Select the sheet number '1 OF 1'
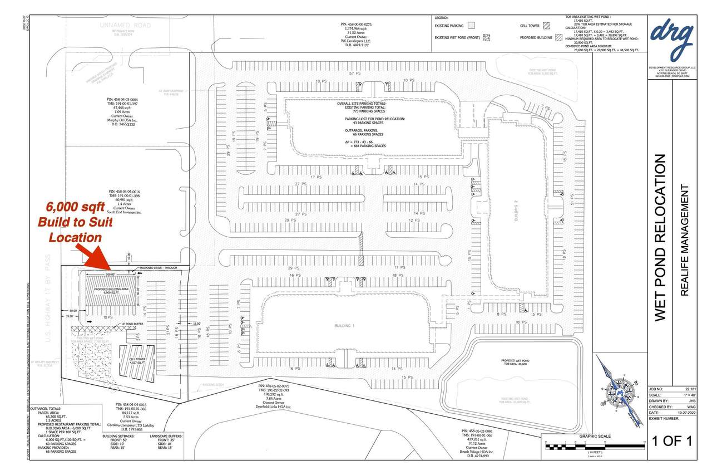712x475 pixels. [673, 442]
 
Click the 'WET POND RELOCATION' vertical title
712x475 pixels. [660, 238]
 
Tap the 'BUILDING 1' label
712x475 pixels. [345, 325]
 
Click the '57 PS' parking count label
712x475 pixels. [367, 74]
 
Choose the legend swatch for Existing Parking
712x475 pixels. [471, 25]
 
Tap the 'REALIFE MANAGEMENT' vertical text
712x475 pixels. [685, 239]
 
